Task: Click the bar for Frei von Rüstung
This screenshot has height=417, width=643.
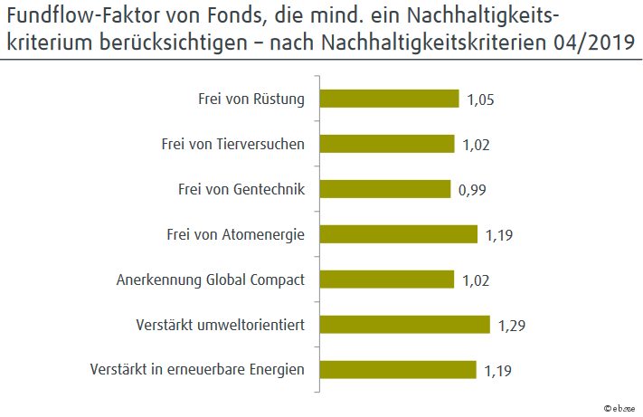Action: [390, 99]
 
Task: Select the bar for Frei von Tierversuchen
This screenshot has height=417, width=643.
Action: [387, 144]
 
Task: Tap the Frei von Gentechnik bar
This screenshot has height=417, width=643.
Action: [385, 189]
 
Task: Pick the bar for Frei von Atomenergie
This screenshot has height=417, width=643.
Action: [399, 234]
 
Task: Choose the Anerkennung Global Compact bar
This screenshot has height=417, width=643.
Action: [387, 280]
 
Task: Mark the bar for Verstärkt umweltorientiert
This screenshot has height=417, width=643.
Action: [405, 325]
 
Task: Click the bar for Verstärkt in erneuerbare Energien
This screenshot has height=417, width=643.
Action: [399, 369]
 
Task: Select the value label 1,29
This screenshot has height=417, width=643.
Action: [513, 326]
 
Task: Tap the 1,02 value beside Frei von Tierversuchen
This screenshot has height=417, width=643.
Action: [476, 145]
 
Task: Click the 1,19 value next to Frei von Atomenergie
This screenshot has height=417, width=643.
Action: [500, 235]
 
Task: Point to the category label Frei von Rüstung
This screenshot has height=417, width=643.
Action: [251, 99]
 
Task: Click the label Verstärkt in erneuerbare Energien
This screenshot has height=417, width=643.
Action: [198, 369]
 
